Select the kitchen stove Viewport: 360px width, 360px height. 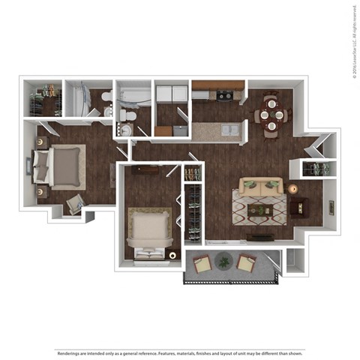click(223, 95)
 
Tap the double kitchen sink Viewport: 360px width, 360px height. click(229, 130)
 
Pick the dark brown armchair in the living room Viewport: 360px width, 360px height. click(301, 205)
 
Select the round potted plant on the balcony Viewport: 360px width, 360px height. click(223, 262)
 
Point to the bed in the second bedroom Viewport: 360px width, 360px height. click(150, 229)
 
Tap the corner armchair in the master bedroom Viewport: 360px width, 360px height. click(75, 204)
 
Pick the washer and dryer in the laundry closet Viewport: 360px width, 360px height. click(172, 94)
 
